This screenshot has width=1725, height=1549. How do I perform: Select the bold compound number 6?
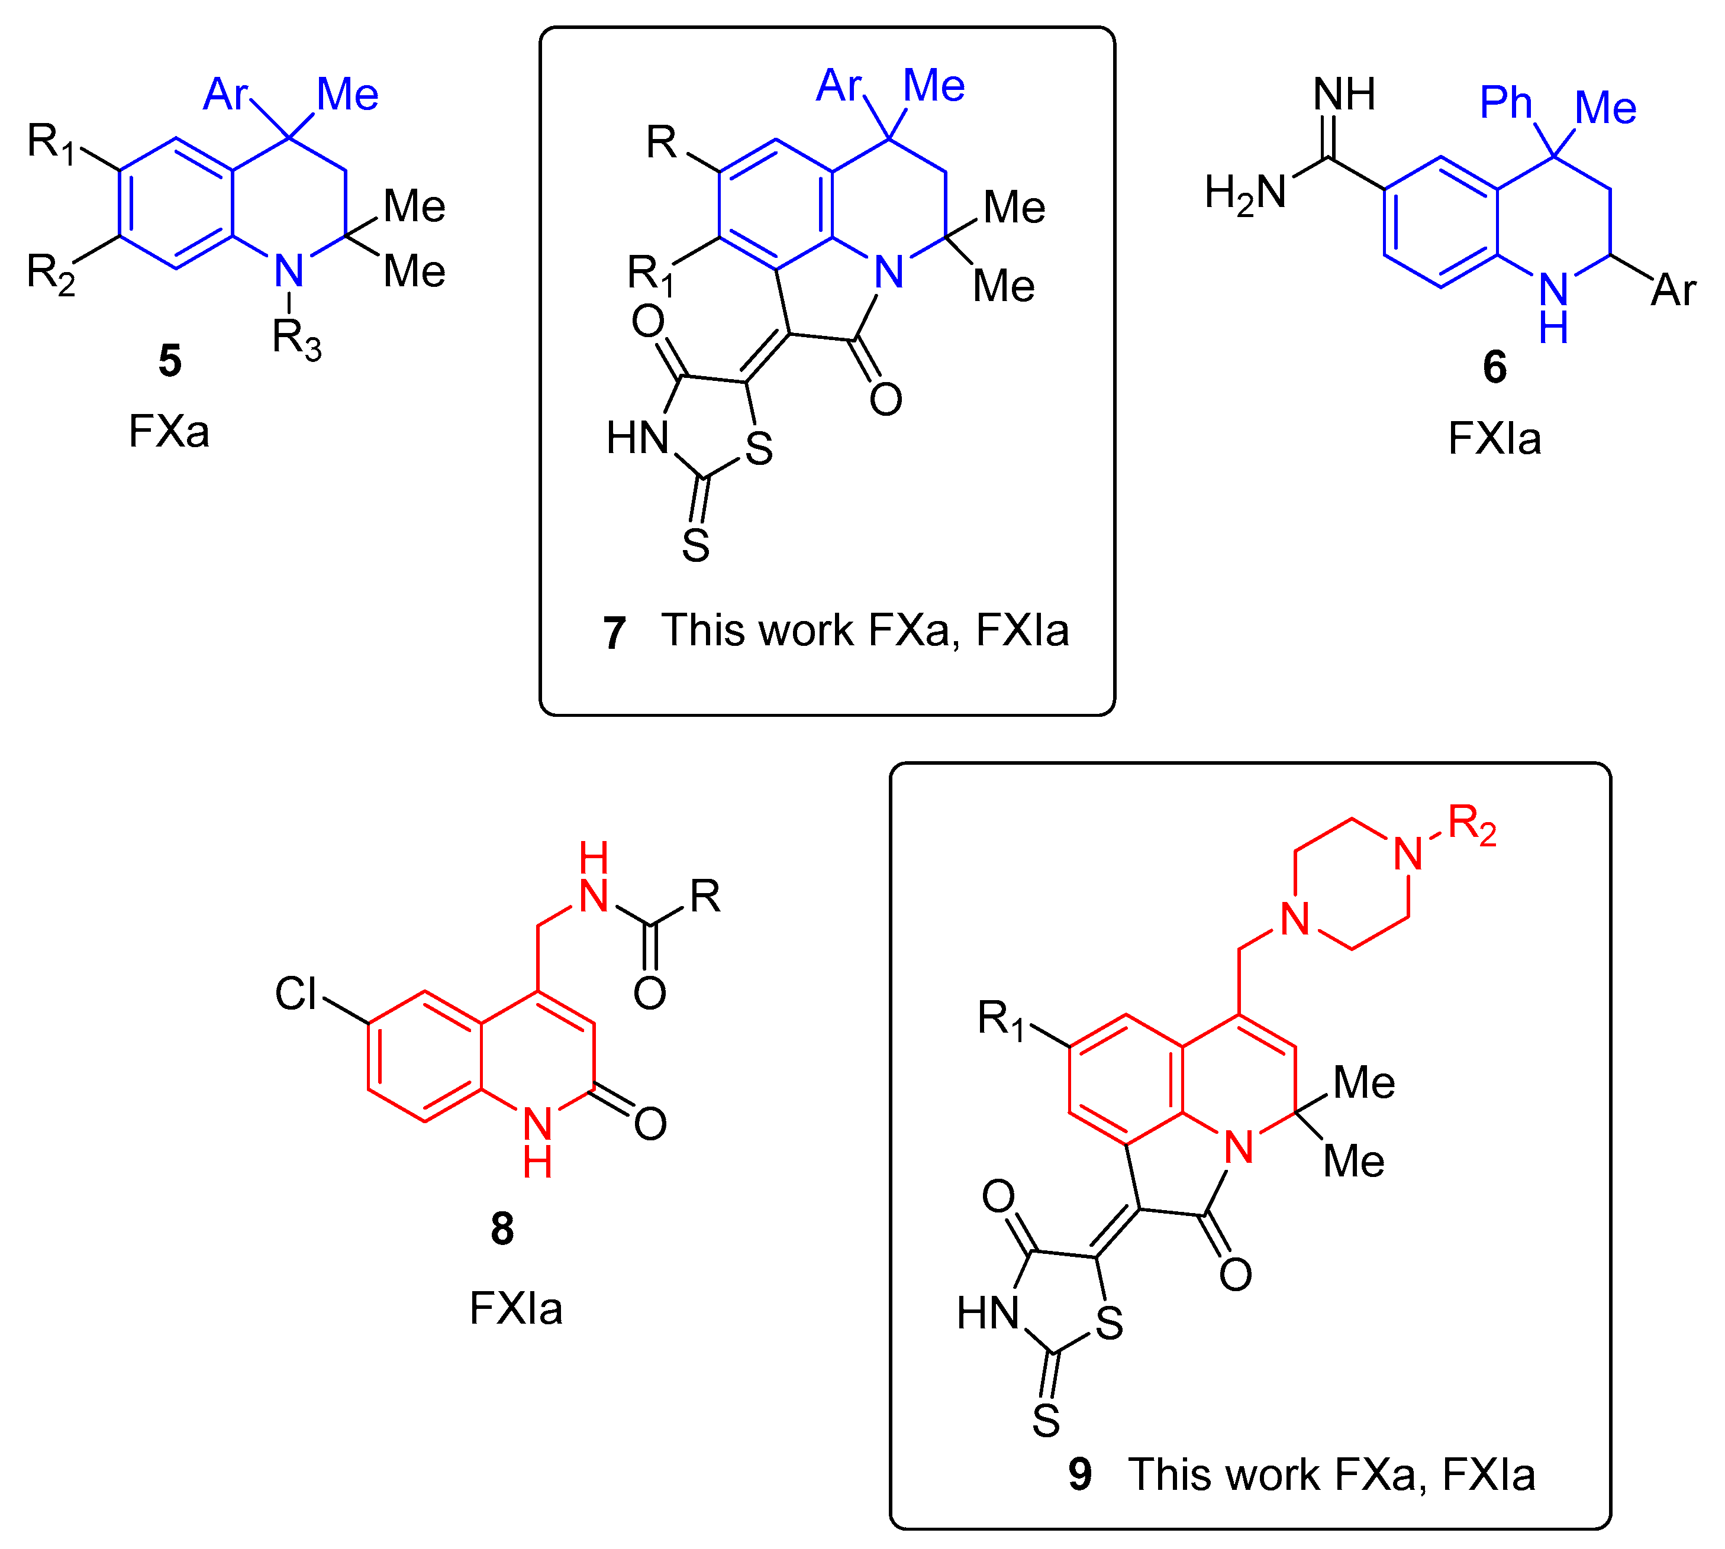point(1494,367)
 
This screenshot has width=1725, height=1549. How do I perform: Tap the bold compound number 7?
point(614,633)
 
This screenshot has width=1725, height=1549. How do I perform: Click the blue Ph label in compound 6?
point(1505,103)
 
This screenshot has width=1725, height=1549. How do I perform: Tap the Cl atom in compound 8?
point(295,993)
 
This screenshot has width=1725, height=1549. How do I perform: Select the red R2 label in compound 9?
point(1471,824)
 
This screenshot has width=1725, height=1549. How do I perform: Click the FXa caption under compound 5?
point(169,432)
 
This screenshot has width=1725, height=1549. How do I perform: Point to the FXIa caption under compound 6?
point(1494,439)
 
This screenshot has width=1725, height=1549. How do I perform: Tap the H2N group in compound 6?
point(1245,193)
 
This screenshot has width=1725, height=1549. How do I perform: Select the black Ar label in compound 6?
point(1673,291)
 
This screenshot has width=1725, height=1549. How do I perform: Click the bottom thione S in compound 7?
point(695,545)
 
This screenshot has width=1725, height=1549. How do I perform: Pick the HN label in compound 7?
point(637,438)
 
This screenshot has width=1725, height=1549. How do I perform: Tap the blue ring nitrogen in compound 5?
point(289,271)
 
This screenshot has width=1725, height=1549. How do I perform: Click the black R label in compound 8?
point(705,896)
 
